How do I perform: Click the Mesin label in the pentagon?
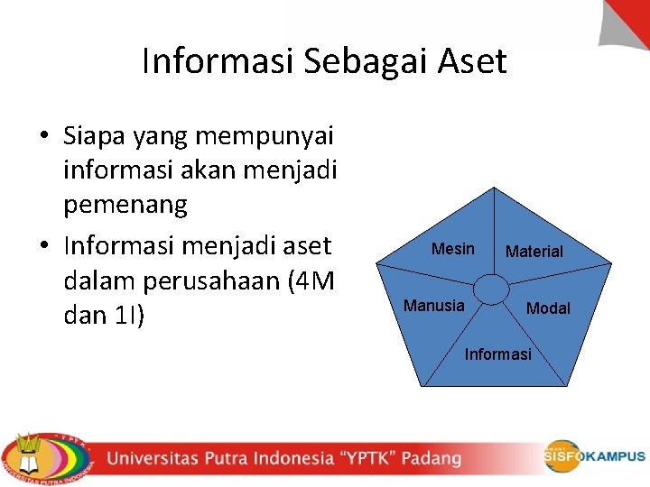click(452, 249)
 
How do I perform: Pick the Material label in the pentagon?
click(534, 252)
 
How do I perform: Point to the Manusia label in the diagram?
click(434, 306)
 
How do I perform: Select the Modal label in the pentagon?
click(548, 308)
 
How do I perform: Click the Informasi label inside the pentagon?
click(497, 354)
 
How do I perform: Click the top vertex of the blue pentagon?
click(494, 188)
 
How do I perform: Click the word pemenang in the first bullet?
click(125, 205)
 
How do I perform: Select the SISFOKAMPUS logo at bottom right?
click(594, 455)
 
